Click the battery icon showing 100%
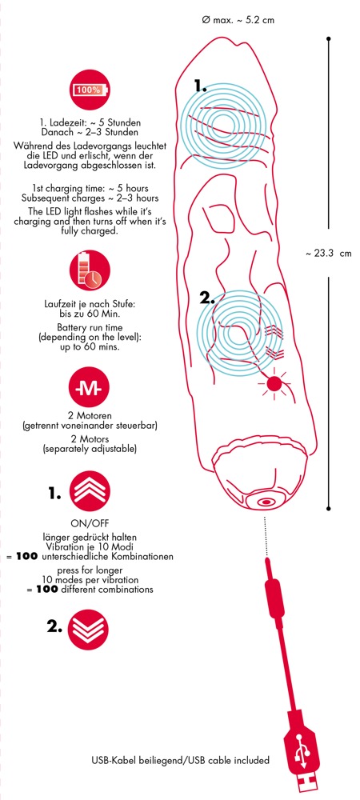click(x=90, y=90)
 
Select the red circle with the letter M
click(x=90, y=391)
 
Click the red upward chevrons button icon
click(x=90, y=492)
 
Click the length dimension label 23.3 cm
click(x=329, y=253)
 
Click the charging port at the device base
click(x=264, y=503)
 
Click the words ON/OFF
click(x=90, y=523)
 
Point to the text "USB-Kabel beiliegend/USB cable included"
click(x=179, y=760)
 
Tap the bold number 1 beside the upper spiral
click(x=200, y=86)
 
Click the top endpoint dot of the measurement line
click(x=329, y=38)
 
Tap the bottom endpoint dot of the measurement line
click(x=329, y=508)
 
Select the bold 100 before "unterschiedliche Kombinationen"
click(x=26, y=557)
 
